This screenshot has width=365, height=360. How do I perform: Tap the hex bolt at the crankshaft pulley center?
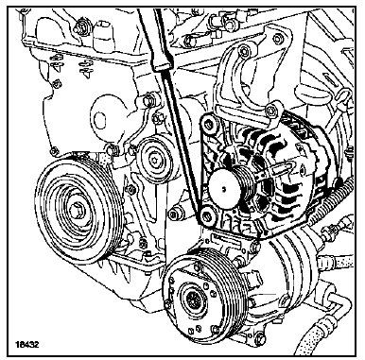click(x=75, y=211)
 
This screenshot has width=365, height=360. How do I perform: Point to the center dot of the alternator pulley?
click(x=223, y=189)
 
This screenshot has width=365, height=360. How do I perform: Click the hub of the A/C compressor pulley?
click(x=193, y=298)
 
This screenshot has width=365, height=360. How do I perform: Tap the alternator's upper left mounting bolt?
click(x=208, y=123)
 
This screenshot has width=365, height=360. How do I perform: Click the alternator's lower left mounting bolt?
click(x=207, y=216)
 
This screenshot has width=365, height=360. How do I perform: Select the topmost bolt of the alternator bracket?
click(x=277, y=39)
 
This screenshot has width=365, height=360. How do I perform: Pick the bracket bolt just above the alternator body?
click(x=271, y=111)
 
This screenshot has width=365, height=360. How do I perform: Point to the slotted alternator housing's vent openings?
click(x=284, y=177)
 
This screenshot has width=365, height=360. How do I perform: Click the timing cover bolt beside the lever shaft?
click(x=148, y=101)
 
